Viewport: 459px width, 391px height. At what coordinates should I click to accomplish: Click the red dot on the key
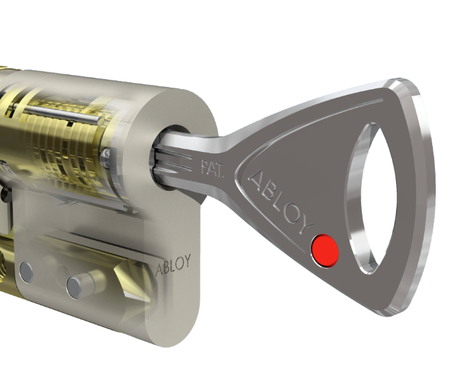pyautogui.click(x=324, y=250)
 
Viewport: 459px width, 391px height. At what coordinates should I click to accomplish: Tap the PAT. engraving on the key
pyautogui.click(x=212, y=169)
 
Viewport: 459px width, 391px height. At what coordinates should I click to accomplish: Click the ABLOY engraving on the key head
pyautogui.click(x=281, y=202)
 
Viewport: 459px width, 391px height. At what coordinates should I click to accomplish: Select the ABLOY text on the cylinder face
pyautogui.click(x=173, y=264)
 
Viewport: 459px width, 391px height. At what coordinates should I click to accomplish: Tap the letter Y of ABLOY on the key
pyautogui.click(x=306, y=225)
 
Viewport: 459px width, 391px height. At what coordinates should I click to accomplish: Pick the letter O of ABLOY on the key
pyautogui.click(x=293, y=214)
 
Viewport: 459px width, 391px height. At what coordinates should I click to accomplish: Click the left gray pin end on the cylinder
pyautogui.click(x=26, y=272)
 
